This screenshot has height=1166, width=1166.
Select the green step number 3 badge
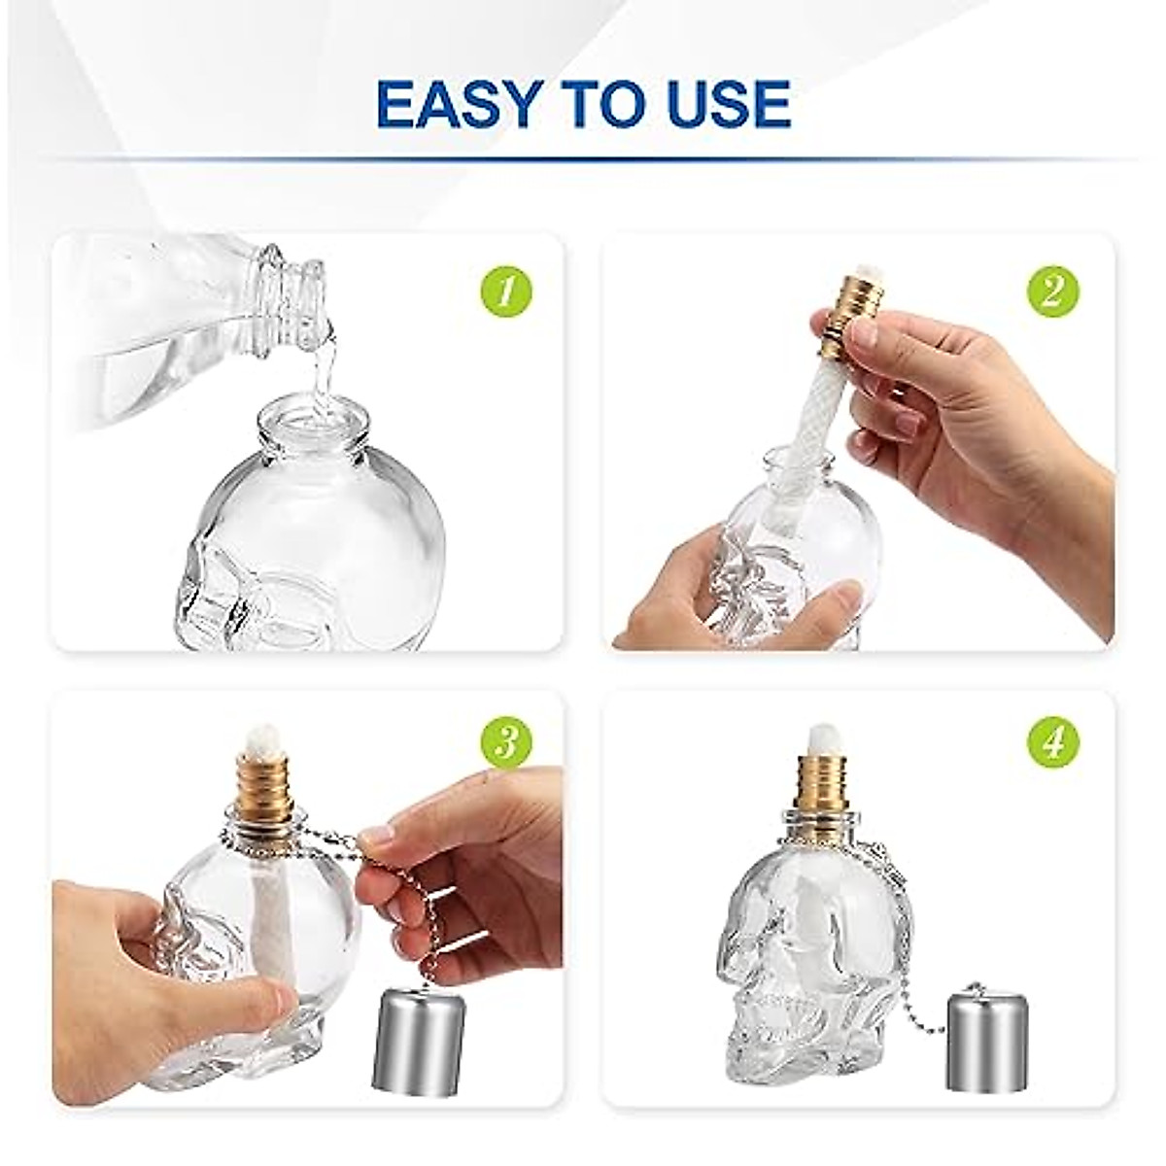505,744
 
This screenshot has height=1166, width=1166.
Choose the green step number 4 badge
1053,744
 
